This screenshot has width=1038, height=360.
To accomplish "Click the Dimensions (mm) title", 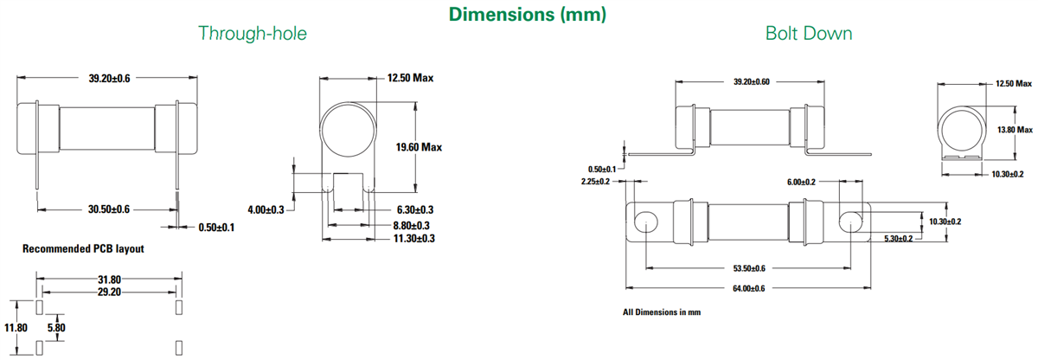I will click(527, 14).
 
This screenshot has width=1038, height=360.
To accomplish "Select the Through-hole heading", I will click(253, 34).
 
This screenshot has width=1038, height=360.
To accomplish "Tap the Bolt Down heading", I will click(809, 34).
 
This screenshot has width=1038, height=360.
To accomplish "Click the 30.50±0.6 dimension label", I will click(109, 209).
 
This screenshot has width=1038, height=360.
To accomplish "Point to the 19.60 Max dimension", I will click(419, 147).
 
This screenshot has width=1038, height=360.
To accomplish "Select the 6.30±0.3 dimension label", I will click(414, 210).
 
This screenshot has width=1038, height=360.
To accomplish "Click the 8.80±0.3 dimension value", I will click(414, 224).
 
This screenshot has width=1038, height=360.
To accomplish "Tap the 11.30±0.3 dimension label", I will click(414, 238).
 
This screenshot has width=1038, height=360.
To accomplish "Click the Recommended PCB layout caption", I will click(83, 249).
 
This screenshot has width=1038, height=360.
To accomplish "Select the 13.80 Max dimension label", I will click(1015, 130).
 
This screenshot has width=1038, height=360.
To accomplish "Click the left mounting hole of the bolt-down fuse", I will click(644, 222).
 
